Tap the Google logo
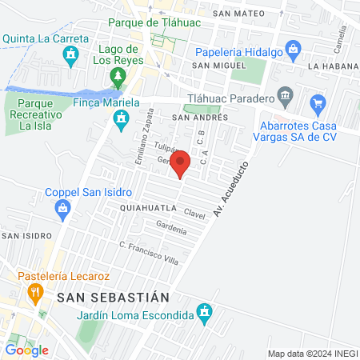pyautogui.click(x=26, y=350)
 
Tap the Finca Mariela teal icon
pyautogui.click(x=121, y=121)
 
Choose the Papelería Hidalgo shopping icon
pyautogui.click(x=294, y=50)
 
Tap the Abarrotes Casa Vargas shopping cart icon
pyautogui.click(x=318, y=102)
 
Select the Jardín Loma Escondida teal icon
pyautogui.click(x=206, y=310)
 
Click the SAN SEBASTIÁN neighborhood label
pyautogui.click(x=114, y=296)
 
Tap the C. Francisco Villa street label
pyautogui.click(x=147, y=253)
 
